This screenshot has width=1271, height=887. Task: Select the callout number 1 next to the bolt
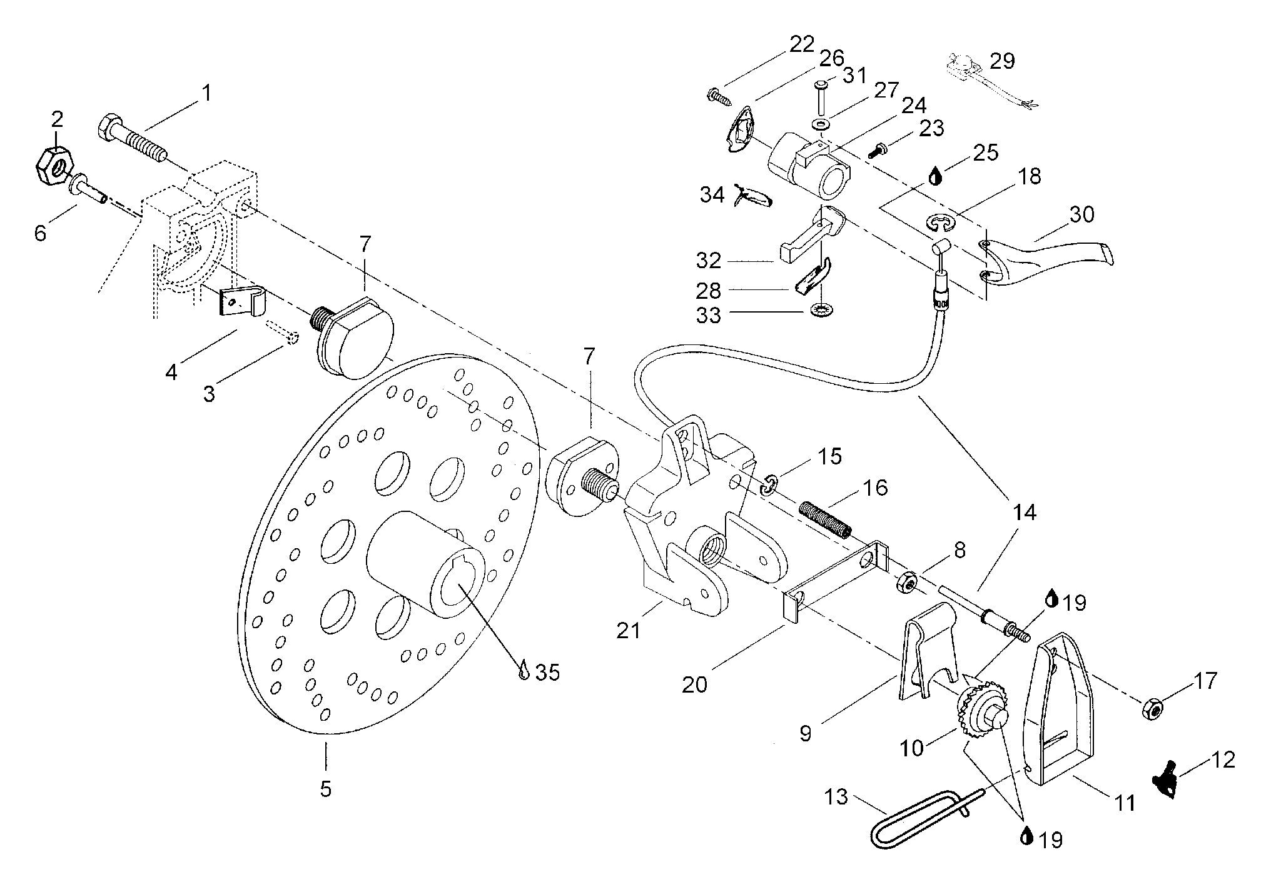point(206,94)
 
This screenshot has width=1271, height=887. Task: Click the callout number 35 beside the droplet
point(547,673)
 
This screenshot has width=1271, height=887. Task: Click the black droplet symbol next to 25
point(935,176)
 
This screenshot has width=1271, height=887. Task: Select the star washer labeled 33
point(816,309)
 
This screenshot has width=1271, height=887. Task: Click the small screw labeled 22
point(715,96)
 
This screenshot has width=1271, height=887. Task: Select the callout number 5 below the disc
point(325,789)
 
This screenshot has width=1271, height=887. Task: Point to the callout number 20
point(694,685)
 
